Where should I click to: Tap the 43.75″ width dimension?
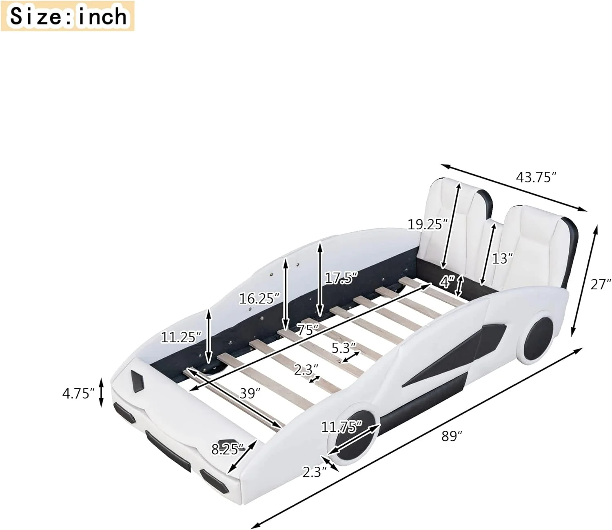536,177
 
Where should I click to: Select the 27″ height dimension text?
601,284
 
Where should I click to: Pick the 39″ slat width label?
250,393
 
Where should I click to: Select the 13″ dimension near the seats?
502,258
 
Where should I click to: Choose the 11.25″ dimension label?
181,337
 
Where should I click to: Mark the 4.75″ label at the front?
78,393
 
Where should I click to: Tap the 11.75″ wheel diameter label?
341,427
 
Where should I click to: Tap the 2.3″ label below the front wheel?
315,472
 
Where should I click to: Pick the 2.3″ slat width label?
306,370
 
